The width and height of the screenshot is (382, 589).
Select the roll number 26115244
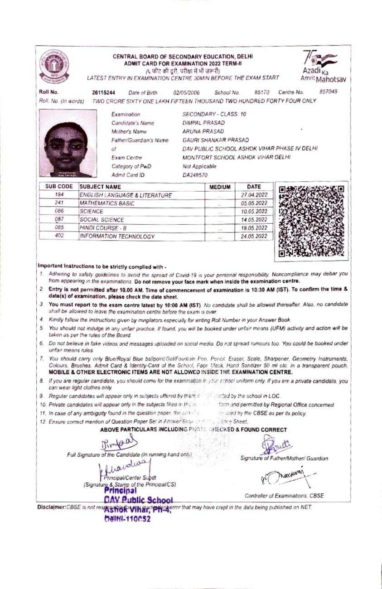pos(103,92)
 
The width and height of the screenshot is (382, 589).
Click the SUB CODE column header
pos(59,186)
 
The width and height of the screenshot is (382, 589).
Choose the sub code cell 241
pos(59,203)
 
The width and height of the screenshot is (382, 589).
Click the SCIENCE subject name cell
pos(92,212)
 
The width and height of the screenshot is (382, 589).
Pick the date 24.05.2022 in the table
pos(254,237)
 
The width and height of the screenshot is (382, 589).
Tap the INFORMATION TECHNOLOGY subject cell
pos(117,237)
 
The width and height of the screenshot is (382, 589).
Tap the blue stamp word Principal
pos(121,490)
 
